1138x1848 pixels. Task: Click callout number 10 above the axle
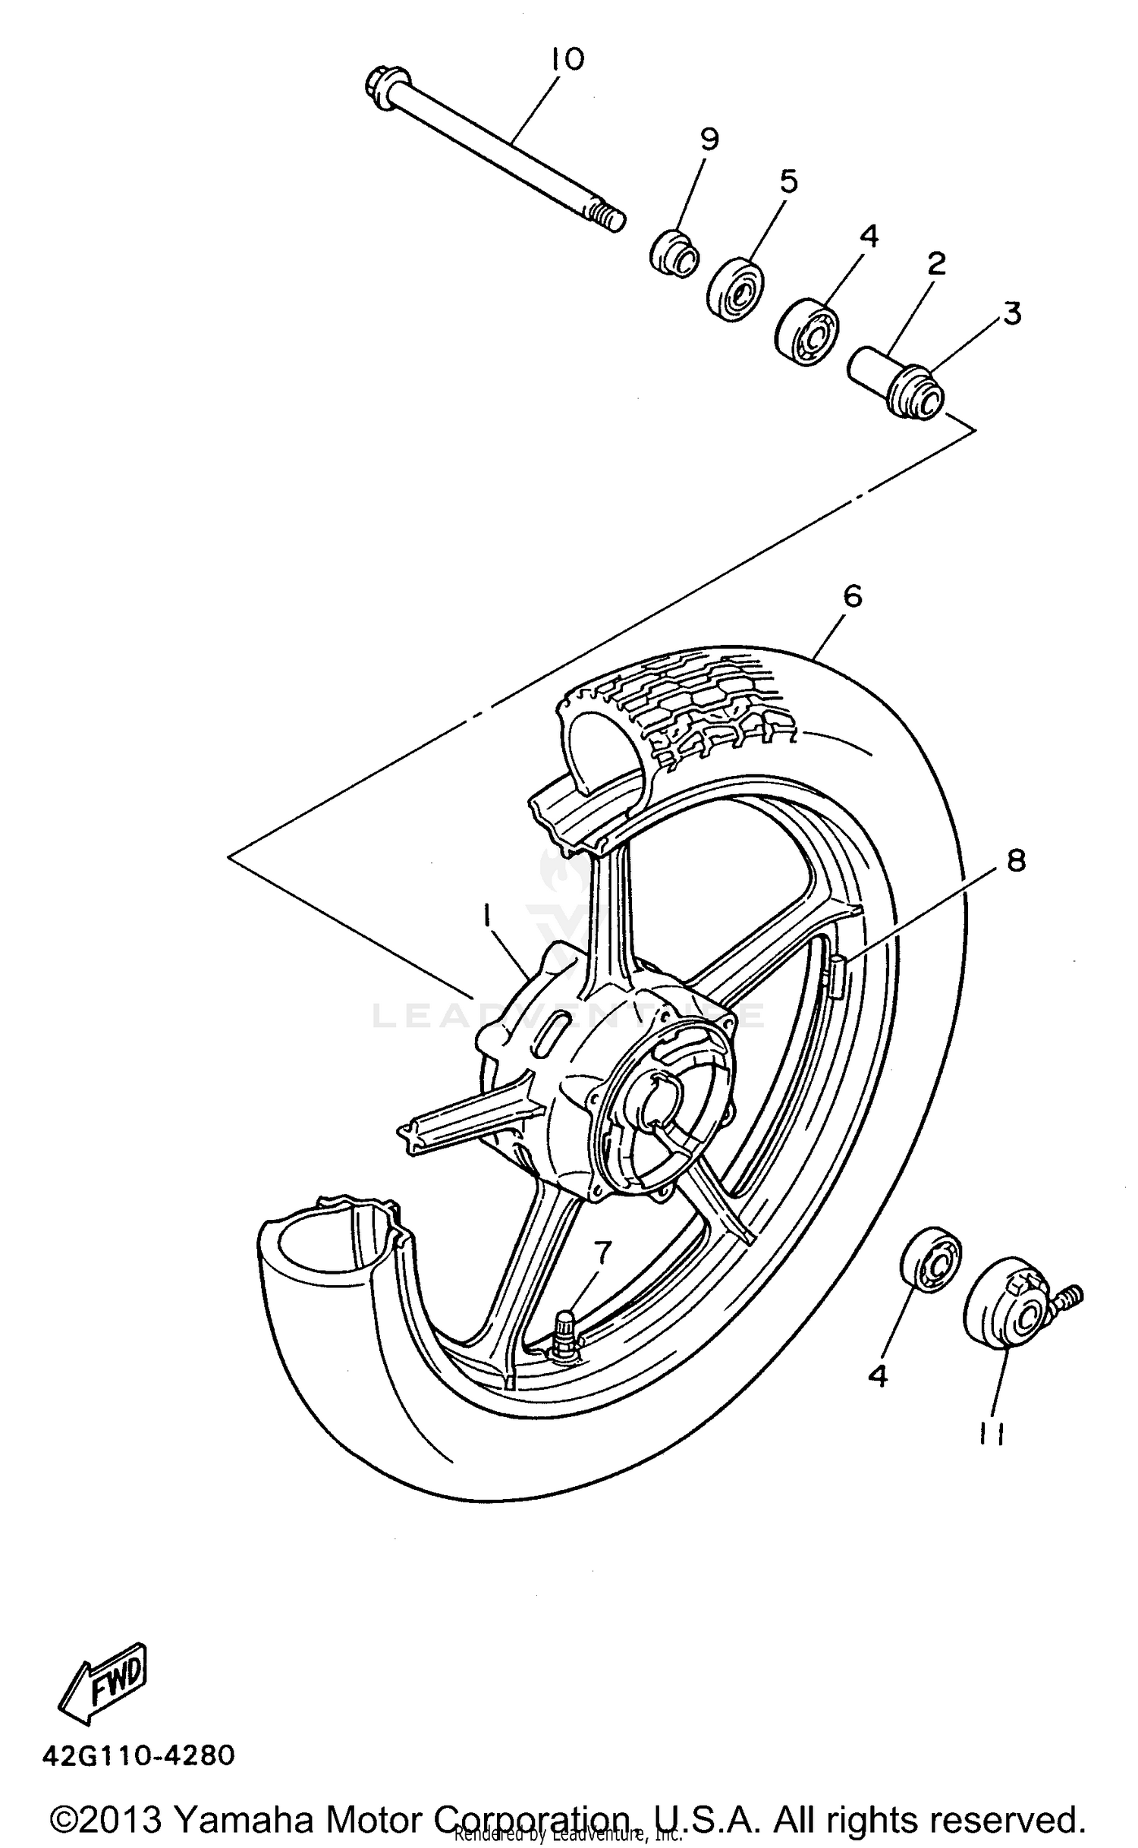(568, 58)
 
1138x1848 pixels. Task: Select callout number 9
(709, 140)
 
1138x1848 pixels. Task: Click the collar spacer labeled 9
(674, 253)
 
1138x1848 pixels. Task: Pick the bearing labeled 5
(736, 289)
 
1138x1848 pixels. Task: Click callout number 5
(788, 182)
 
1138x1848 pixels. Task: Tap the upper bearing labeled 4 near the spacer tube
(806, 334)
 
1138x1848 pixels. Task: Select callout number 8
(1016, 860)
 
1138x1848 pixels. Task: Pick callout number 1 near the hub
(486, 918)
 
